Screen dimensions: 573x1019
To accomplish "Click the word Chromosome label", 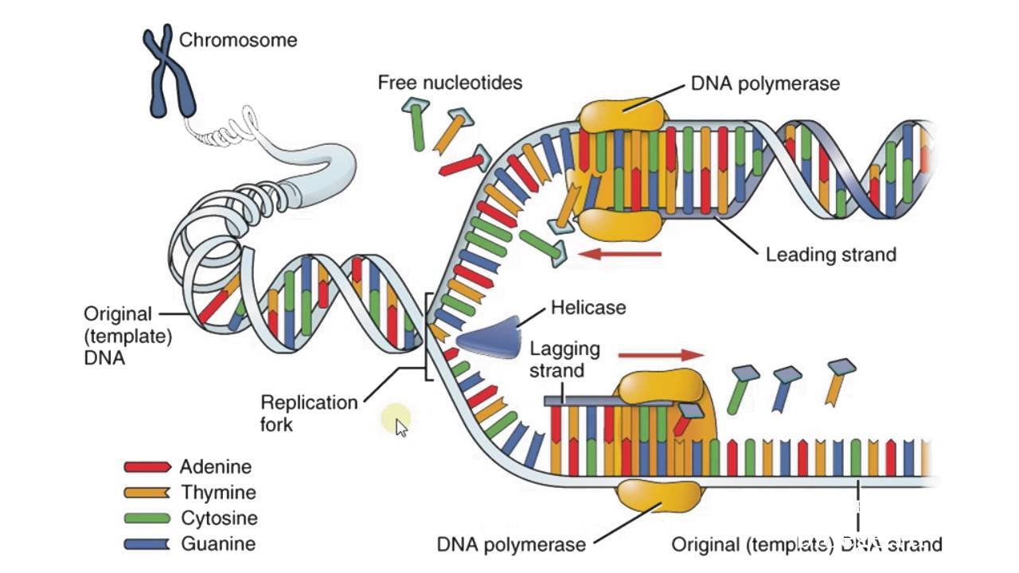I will (238, 40).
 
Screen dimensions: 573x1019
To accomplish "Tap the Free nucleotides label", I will (450, 82).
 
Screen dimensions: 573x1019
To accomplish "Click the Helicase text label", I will (588, 307).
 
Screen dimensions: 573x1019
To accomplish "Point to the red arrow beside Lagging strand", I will (661, 355).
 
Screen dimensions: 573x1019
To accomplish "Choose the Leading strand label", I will (830, 255).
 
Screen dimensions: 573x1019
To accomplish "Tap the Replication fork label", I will (309, 413).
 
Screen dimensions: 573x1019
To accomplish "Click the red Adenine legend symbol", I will (147, 467).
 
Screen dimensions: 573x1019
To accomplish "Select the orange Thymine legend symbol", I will (147, 493).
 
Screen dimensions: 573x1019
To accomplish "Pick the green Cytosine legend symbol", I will (147, 518).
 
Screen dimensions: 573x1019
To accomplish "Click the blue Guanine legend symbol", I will (147, 544).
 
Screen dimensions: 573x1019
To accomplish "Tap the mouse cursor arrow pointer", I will (401, 428).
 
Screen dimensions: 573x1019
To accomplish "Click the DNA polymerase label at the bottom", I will (511, 544).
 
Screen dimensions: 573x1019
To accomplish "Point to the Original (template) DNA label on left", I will (128, 336).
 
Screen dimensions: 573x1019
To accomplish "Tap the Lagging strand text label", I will (564, 360).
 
